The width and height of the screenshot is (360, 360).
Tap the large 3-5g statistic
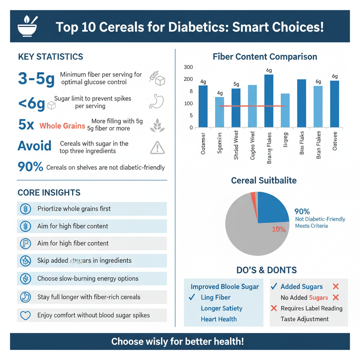36,79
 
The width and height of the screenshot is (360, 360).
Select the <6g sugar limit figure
31,104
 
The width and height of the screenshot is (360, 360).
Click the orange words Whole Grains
62,126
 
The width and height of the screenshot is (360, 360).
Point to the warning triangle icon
157,148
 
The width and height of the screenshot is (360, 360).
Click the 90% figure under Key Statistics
30,167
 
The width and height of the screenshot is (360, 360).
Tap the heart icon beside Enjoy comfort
25,315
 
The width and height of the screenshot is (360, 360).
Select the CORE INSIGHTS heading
49,193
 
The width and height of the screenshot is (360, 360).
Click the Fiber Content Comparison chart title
265,57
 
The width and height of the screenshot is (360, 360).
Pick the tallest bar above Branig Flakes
269,101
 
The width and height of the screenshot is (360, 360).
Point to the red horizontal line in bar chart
252,106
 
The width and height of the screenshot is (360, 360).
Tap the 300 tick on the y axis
188,67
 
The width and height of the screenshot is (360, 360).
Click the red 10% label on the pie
279,229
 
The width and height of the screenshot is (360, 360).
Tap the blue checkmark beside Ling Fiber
192,297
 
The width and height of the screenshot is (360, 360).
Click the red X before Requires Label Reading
274,309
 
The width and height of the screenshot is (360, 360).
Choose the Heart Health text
219,319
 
